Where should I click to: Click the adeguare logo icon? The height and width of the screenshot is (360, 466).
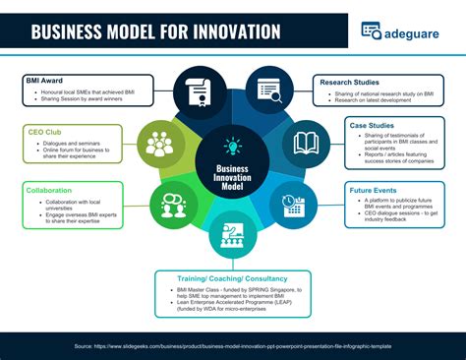tap(371, 30)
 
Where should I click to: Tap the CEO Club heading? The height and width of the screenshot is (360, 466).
tap(42, 132)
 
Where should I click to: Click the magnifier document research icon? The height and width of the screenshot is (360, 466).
tap(268, 90)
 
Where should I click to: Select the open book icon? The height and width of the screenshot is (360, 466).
tap(305, 142)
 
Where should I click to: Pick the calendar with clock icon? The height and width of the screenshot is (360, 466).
tap(292, 204)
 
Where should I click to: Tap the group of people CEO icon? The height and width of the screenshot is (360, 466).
tap(159, 144)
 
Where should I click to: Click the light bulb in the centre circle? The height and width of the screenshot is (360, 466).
tap(233, 148)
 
